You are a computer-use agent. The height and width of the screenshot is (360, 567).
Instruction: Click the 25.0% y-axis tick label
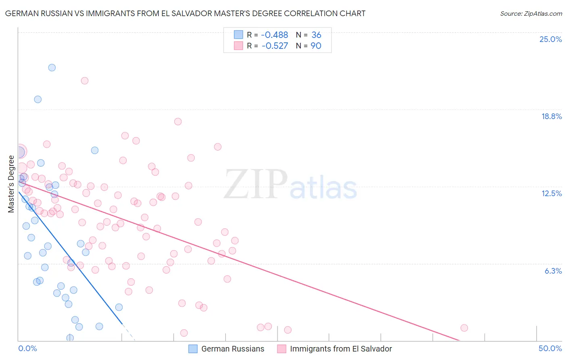point(550,39)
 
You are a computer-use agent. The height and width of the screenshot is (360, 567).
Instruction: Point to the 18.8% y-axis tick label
point(551,116)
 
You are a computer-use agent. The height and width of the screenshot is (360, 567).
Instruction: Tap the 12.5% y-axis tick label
point(551,193)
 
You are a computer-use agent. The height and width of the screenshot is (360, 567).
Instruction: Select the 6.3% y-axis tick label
point(553,271)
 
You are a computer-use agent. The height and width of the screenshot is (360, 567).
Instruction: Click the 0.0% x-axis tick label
point(27,348)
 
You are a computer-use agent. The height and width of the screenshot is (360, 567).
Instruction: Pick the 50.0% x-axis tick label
point(550,348)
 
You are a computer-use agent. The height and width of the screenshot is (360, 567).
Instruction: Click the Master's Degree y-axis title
point(11,184)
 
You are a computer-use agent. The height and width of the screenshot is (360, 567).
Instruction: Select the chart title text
point(185,13)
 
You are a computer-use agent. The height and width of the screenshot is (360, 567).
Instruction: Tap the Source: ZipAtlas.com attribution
point(531,14)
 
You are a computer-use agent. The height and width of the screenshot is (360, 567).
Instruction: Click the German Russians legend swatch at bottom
point(193,349)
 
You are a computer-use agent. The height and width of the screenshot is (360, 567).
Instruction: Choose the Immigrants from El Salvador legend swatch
point(281,349)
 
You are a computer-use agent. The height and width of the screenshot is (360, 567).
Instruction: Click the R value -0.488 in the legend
point(274,35)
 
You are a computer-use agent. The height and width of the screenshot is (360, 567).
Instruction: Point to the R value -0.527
point(275,46)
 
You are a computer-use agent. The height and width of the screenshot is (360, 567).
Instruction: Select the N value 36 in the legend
point(316,35)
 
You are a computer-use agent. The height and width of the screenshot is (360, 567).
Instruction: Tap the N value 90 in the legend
point(316,46)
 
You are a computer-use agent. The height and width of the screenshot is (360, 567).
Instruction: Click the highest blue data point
point(52,67)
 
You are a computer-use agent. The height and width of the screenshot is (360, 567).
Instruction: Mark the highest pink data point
point(85,81)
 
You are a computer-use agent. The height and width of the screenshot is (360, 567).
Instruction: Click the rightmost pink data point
point(464,328)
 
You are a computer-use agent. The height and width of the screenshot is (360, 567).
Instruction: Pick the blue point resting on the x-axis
point(70,337)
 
